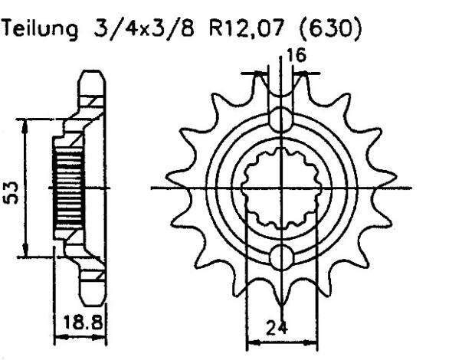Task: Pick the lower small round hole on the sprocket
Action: click(281, 256)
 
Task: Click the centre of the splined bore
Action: click(281, 188)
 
